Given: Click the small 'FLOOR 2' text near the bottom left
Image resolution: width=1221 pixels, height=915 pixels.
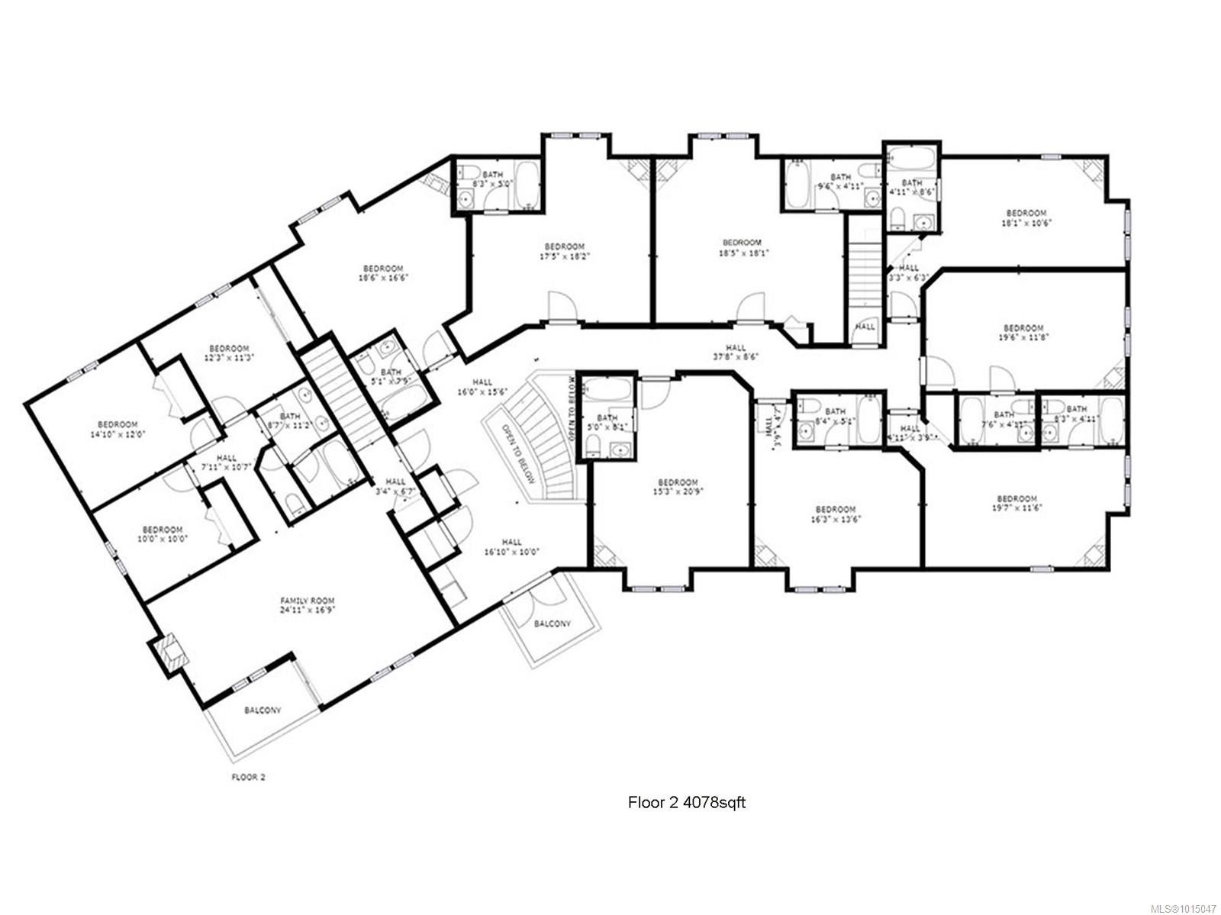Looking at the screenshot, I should point(248,778).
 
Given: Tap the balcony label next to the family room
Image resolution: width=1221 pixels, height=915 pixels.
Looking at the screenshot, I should point(263,710).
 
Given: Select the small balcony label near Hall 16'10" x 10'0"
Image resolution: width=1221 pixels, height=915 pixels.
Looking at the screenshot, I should point(552,623).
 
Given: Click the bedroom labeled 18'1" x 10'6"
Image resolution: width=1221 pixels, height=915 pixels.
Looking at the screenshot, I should point(1026,217).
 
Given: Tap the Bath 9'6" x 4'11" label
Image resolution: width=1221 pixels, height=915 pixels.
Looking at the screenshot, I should point(840,181).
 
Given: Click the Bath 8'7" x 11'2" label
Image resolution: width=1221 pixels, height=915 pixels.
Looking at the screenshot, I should point(289,420).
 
